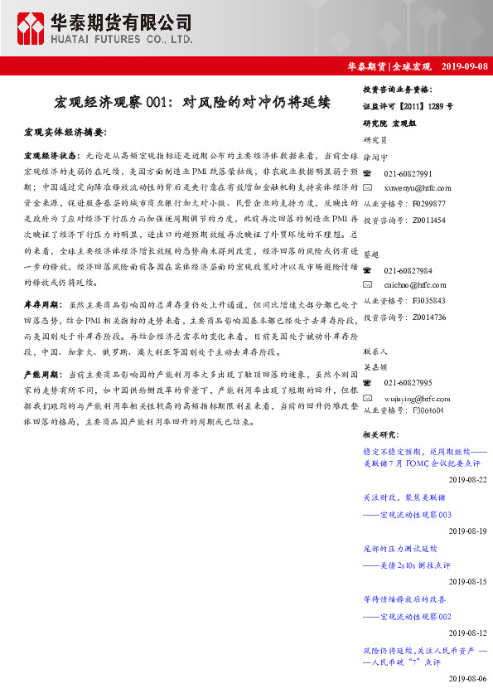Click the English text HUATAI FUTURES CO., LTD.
(123, 39)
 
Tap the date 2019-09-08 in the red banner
(465, 65)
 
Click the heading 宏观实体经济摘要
(65, 133)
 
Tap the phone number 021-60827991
(408, 173)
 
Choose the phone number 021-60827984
(408, 271)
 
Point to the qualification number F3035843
(428, 300)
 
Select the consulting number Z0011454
(428, 221)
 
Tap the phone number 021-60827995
(408, 383)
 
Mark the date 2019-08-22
(467, 480)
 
